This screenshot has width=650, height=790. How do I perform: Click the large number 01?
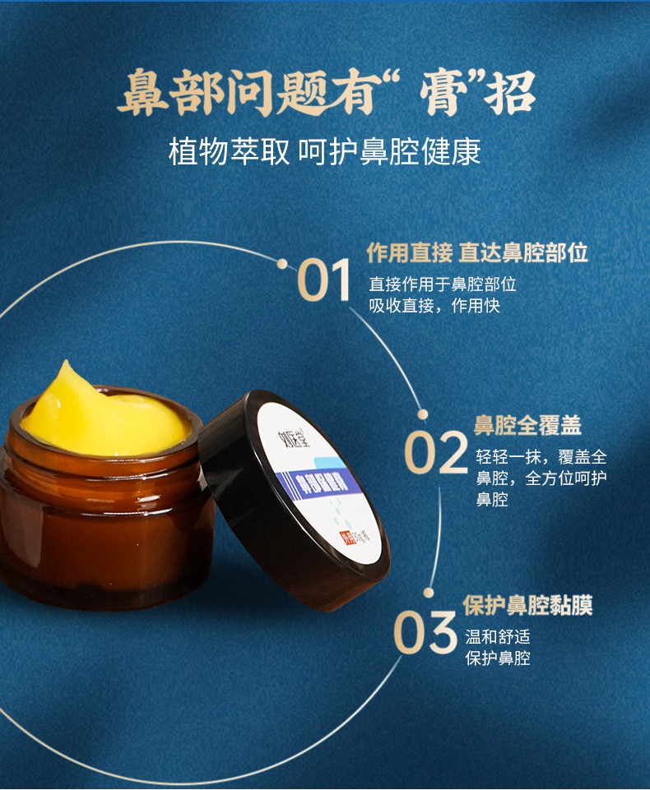[323, 280]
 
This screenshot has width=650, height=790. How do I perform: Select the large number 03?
[424, 631]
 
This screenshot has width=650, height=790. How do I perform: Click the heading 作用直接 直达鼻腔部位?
[477, 252]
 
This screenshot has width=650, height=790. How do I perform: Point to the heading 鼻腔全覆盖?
[527, 425]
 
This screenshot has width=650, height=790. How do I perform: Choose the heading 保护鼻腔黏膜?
[527, 605]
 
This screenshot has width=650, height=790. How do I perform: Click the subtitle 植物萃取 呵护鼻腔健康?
[324, 152]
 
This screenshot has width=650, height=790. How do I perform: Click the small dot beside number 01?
[282, 265]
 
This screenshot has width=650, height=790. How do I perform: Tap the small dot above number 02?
[423, 414]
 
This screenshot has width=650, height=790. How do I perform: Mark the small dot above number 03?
[428, 592]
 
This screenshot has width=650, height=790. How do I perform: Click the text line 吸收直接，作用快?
[434, 306]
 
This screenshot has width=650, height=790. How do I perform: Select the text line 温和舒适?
[497, 637]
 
